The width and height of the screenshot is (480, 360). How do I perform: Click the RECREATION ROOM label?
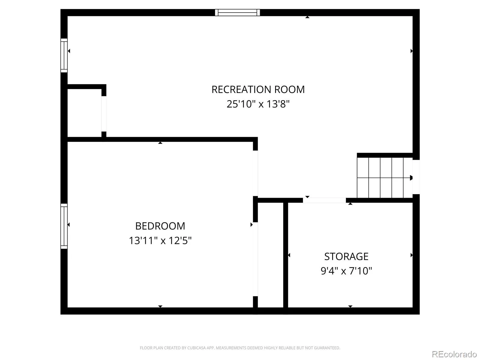[x=258, y=89]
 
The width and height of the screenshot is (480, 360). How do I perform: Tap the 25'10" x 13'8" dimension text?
[x=258, y=104]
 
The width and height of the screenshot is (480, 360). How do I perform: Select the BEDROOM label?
[x=160, y=226]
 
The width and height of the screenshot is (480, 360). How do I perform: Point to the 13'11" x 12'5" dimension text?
[x=160, y=241]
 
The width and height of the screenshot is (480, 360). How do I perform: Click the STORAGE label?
[x=346, y=256]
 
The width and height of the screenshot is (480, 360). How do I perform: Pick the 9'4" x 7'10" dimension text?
[x=346, y=271]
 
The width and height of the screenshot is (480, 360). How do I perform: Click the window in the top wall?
[x=238, y=13]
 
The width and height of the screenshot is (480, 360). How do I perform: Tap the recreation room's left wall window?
[x=64, y=55]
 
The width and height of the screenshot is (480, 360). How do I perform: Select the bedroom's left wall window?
[x=64, y=226]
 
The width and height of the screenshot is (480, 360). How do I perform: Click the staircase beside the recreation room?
[x=385, y=178]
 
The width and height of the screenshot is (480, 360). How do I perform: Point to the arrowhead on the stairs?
[x=411, y=178]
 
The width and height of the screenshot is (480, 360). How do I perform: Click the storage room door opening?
[x=324, y=200]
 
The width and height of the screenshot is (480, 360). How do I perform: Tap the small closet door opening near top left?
[x=104, y=114]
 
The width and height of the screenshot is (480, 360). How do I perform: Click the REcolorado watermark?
[x=454, y=354]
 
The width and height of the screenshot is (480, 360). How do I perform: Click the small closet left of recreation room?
[x=84, y=113]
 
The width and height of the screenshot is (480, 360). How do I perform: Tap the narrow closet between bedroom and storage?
[x=271, y=255]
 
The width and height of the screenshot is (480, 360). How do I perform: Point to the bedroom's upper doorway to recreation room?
[x=255, y=173]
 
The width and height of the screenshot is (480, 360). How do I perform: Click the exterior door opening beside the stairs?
[x=416, y=177]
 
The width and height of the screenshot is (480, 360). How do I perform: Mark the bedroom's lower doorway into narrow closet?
[x=255, y=259]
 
